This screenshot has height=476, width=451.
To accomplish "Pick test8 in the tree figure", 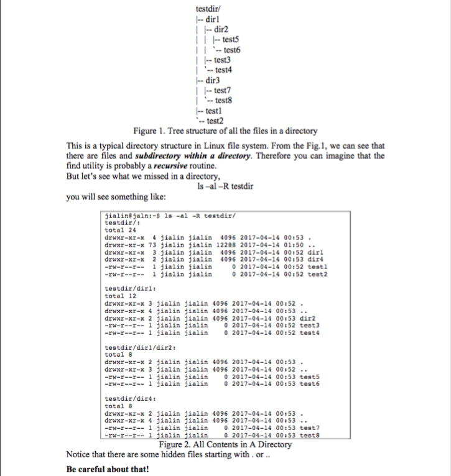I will click(x=223, y=101).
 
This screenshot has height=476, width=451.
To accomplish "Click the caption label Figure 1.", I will click(x=151, y=132).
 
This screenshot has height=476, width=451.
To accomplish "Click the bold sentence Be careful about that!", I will click(x=108, y=468).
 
